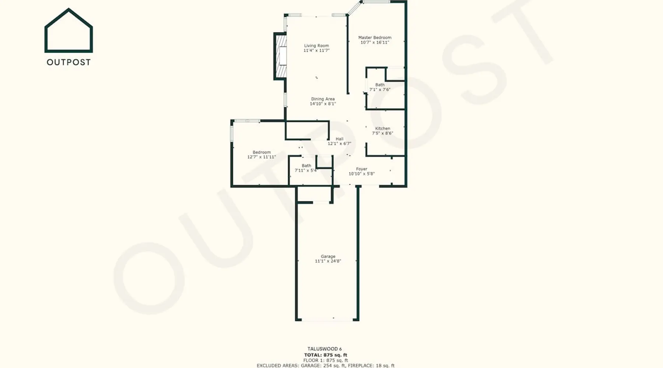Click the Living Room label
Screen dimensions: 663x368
tap(316, 46)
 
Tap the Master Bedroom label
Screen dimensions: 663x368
tap(375, 38)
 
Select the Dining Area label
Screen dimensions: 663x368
tap(323, 99)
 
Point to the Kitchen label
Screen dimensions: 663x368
tap(382, 128)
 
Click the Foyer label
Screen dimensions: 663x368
tap(362, 169)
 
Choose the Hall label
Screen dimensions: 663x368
tap(340, 139)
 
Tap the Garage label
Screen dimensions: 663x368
tap(328, 256)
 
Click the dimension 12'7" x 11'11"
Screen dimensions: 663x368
tap(262, 157)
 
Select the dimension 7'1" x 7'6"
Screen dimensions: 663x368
tap(380, 89)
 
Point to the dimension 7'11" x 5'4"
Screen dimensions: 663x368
tap(306, 170)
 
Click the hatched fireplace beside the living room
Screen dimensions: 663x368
tap(281, 56)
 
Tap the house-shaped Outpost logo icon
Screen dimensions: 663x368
tap(69, 30)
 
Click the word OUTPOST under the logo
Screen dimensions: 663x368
tap(69, 62)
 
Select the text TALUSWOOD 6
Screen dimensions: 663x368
tap(325, 349)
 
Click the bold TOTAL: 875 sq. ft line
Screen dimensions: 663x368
tap(326, 355)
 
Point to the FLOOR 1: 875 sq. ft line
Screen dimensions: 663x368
tap(326, 360)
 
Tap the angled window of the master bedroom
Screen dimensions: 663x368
tap(354, 8)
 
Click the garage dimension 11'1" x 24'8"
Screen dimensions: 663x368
tap(328, 261)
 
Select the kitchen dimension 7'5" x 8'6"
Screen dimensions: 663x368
tap(382, 133)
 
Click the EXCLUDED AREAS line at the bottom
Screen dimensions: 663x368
tap(326, 365)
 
